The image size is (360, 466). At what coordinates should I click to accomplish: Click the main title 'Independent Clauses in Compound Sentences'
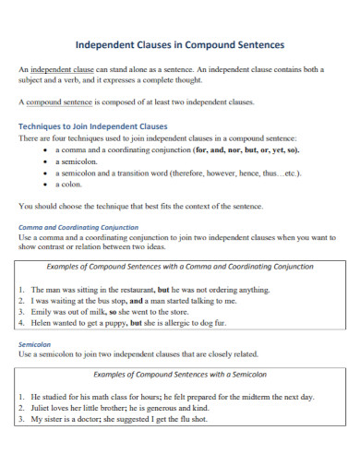(x=179, y=44)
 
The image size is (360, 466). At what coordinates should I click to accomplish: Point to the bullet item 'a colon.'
(x=70, y=185)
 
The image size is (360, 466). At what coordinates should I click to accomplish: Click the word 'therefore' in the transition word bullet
(x=213, y=173)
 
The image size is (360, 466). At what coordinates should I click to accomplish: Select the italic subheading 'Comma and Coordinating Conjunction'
(x=78, y=226)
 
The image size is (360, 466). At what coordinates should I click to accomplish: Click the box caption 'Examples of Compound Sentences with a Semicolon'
(x=179, y=375)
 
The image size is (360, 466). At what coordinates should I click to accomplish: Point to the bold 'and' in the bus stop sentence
(x=136, y=301)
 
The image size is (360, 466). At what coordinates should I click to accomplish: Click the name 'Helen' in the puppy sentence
(x=42, y=324)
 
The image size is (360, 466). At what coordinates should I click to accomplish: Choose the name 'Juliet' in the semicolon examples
(x=42, y=407)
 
